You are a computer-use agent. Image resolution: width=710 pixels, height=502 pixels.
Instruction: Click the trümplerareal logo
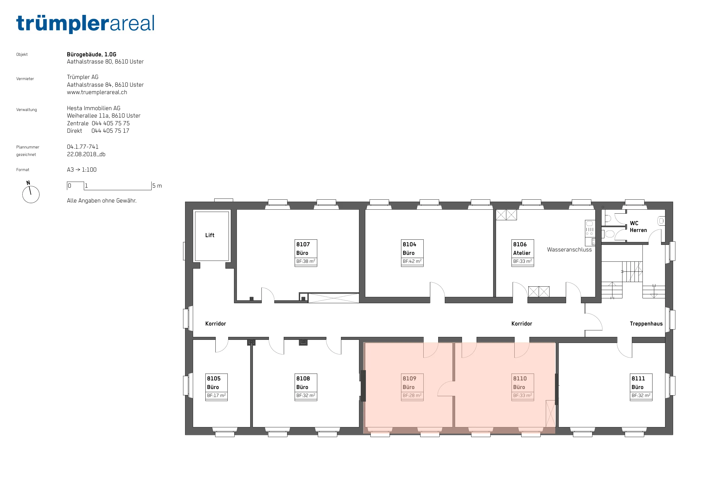pyautogui.click(x=85, y=23)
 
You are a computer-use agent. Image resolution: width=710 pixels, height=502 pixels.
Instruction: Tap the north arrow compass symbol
pyautogui.click(x=31, y=193)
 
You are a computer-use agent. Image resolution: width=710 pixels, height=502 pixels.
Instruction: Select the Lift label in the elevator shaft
pyautogui.click(x=210, y=235)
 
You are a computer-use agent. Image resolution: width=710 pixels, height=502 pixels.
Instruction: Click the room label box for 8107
pyautogui.click(x=306, y=253)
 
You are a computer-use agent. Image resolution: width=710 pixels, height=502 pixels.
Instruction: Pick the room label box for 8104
pyautogui.click(x=412, y=253)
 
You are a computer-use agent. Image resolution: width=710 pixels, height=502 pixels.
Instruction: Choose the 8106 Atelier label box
pyautogui.click(x=523, y=253)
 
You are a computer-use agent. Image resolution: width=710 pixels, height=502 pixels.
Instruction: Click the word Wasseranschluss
pyautogui.click(x=569, y=250)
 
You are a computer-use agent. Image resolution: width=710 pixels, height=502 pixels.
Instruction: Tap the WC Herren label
pyautogui.click(x=638, y=227)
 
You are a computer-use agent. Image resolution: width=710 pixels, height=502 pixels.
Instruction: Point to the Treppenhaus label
pyautogui.click(x=646, y=324)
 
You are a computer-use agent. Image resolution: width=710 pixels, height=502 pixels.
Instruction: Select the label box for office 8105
pyautogui.click(x=217, y=387)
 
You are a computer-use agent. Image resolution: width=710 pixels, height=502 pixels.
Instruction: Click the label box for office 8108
pyautogui.click(x=306, y=387)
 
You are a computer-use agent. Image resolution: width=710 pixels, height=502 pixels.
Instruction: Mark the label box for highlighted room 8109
pyautogui.click(x=412, y=387)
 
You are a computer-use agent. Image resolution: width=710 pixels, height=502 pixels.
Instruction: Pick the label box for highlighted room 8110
pyautogui.click(x=523, y=387)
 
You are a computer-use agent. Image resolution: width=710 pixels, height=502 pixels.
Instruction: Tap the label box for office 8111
pyautogui.click(x=641, y=387)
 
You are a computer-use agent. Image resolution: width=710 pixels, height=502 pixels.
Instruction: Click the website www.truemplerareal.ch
pyautogui.click(x=97, y=92)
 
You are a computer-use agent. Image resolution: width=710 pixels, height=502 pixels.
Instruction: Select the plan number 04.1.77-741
pyautogui.click(x=83, y=147)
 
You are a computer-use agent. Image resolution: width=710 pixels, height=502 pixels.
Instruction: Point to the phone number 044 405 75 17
pyautogui.click(x=110, y=131)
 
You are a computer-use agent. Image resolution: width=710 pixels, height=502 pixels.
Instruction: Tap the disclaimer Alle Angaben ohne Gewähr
pyautogui.click(x=102, y=201)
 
